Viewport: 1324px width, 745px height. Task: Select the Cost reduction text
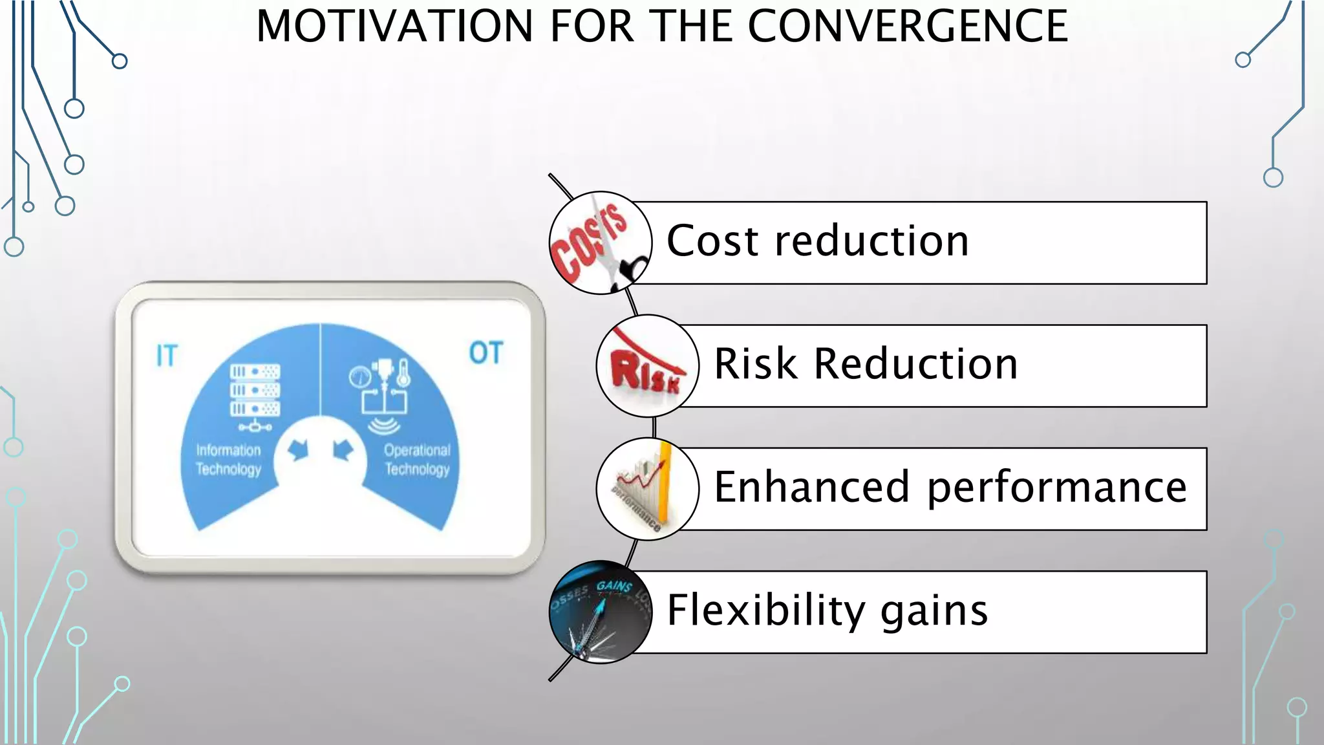817,241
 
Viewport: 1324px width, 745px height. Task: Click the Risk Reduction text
866,364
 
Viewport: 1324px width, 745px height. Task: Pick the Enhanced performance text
950,487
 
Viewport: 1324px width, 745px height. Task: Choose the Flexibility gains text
827,610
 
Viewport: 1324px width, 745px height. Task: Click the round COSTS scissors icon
600,243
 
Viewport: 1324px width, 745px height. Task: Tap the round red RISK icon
647,366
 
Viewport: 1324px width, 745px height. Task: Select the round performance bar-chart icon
647,489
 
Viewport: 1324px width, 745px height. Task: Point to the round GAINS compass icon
600,612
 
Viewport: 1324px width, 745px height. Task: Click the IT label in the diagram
167,356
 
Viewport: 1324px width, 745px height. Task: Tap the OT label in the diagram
486,354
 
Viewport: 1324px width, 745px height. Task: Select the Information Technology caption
228,460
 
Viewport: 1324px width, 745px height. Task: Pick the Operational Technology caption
417,460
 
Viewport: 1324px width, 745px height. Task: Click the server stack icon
255,391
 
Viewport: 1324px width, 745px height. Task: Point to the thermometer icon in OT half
403,373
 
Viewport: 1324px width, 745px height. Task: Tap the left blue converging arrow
298,449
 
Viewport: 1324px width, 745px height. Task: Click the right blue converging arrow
343,449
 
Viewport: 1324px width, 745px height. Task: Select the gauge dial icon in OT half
359,377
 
